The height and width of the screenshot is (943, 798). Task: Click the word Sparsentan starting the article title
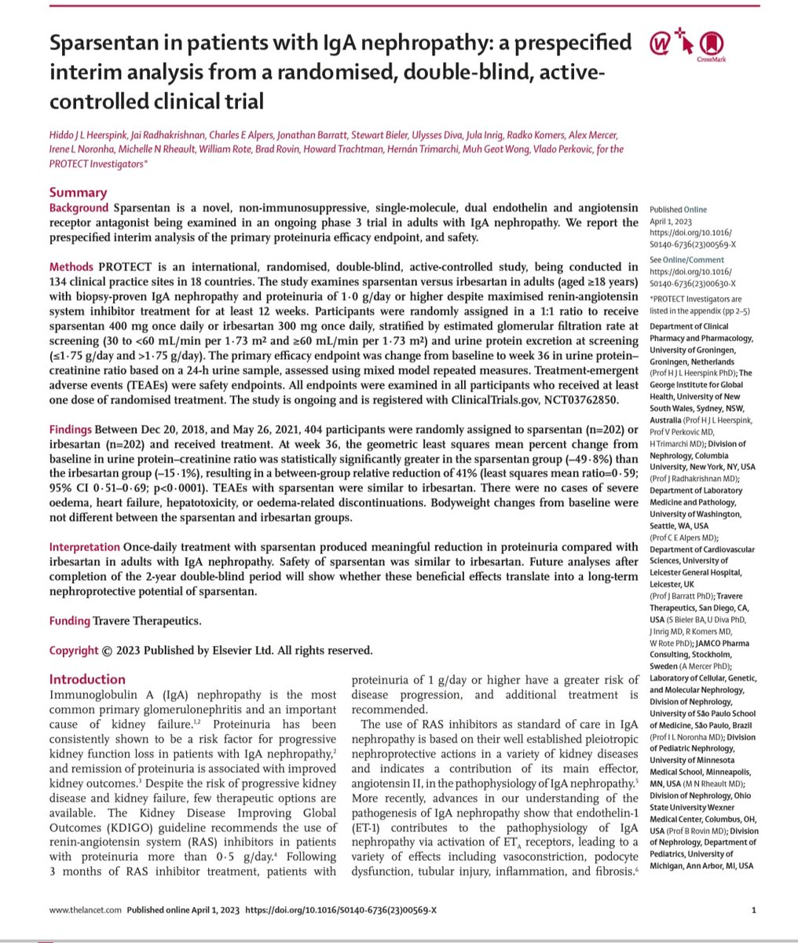pyautogui.click(x=97, y=40)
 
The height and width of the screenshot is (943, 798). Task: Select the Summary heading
pyautogui.click(x=78, y=193)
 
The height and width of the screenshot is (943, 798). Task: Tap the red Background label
pyautogui.click(x=78, y=208)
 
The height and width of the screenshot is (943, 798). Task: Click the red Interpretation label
pyautogui.click(x=85, y=546)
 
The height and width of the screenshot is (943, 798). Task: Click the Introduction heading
pyautogui.click(x=87, y=679)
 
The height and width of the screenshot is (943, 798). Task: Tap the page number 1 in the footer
pyautogui.click(x=753, y=911)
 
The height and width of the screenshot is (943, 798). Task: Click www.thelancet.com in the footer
pyautogui.click(x=84, y=911)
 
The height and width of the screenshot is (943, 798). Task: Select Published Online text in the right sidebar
pyautogui.click(x=678, y=210)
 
